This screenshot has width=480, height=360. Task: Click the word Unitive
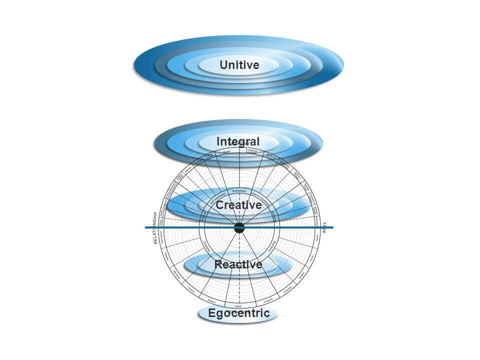pyautogui.click(x=239, y=65)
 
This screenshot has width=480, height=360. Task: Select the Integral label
pyautogui.click(x=238, y=141)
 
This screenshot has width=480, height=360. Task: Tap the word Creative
pyautogui.click(x=238, y=205)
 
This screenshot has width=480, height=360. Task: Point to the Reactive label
pyautogui.click(x=238, y=264)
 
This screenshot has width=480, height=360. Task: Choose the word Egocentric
pyautogui.click(x=239, y=313)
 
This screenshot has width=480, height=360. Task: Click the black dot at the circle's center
pyautogui.click(x=239, y=228)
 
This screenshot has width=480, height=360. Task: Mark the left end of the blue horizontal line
pyautogui.click(x=146, y=228)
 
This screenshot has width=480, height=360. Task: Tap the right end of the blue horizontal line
pyautogui.click(x=332, y=227)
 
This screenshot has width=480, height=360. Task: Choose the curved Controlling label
pyautogui.click(x=271, y=245)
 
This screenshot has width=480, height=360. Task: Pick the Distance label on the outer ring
pyautogui.click(x=211, y=301)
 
